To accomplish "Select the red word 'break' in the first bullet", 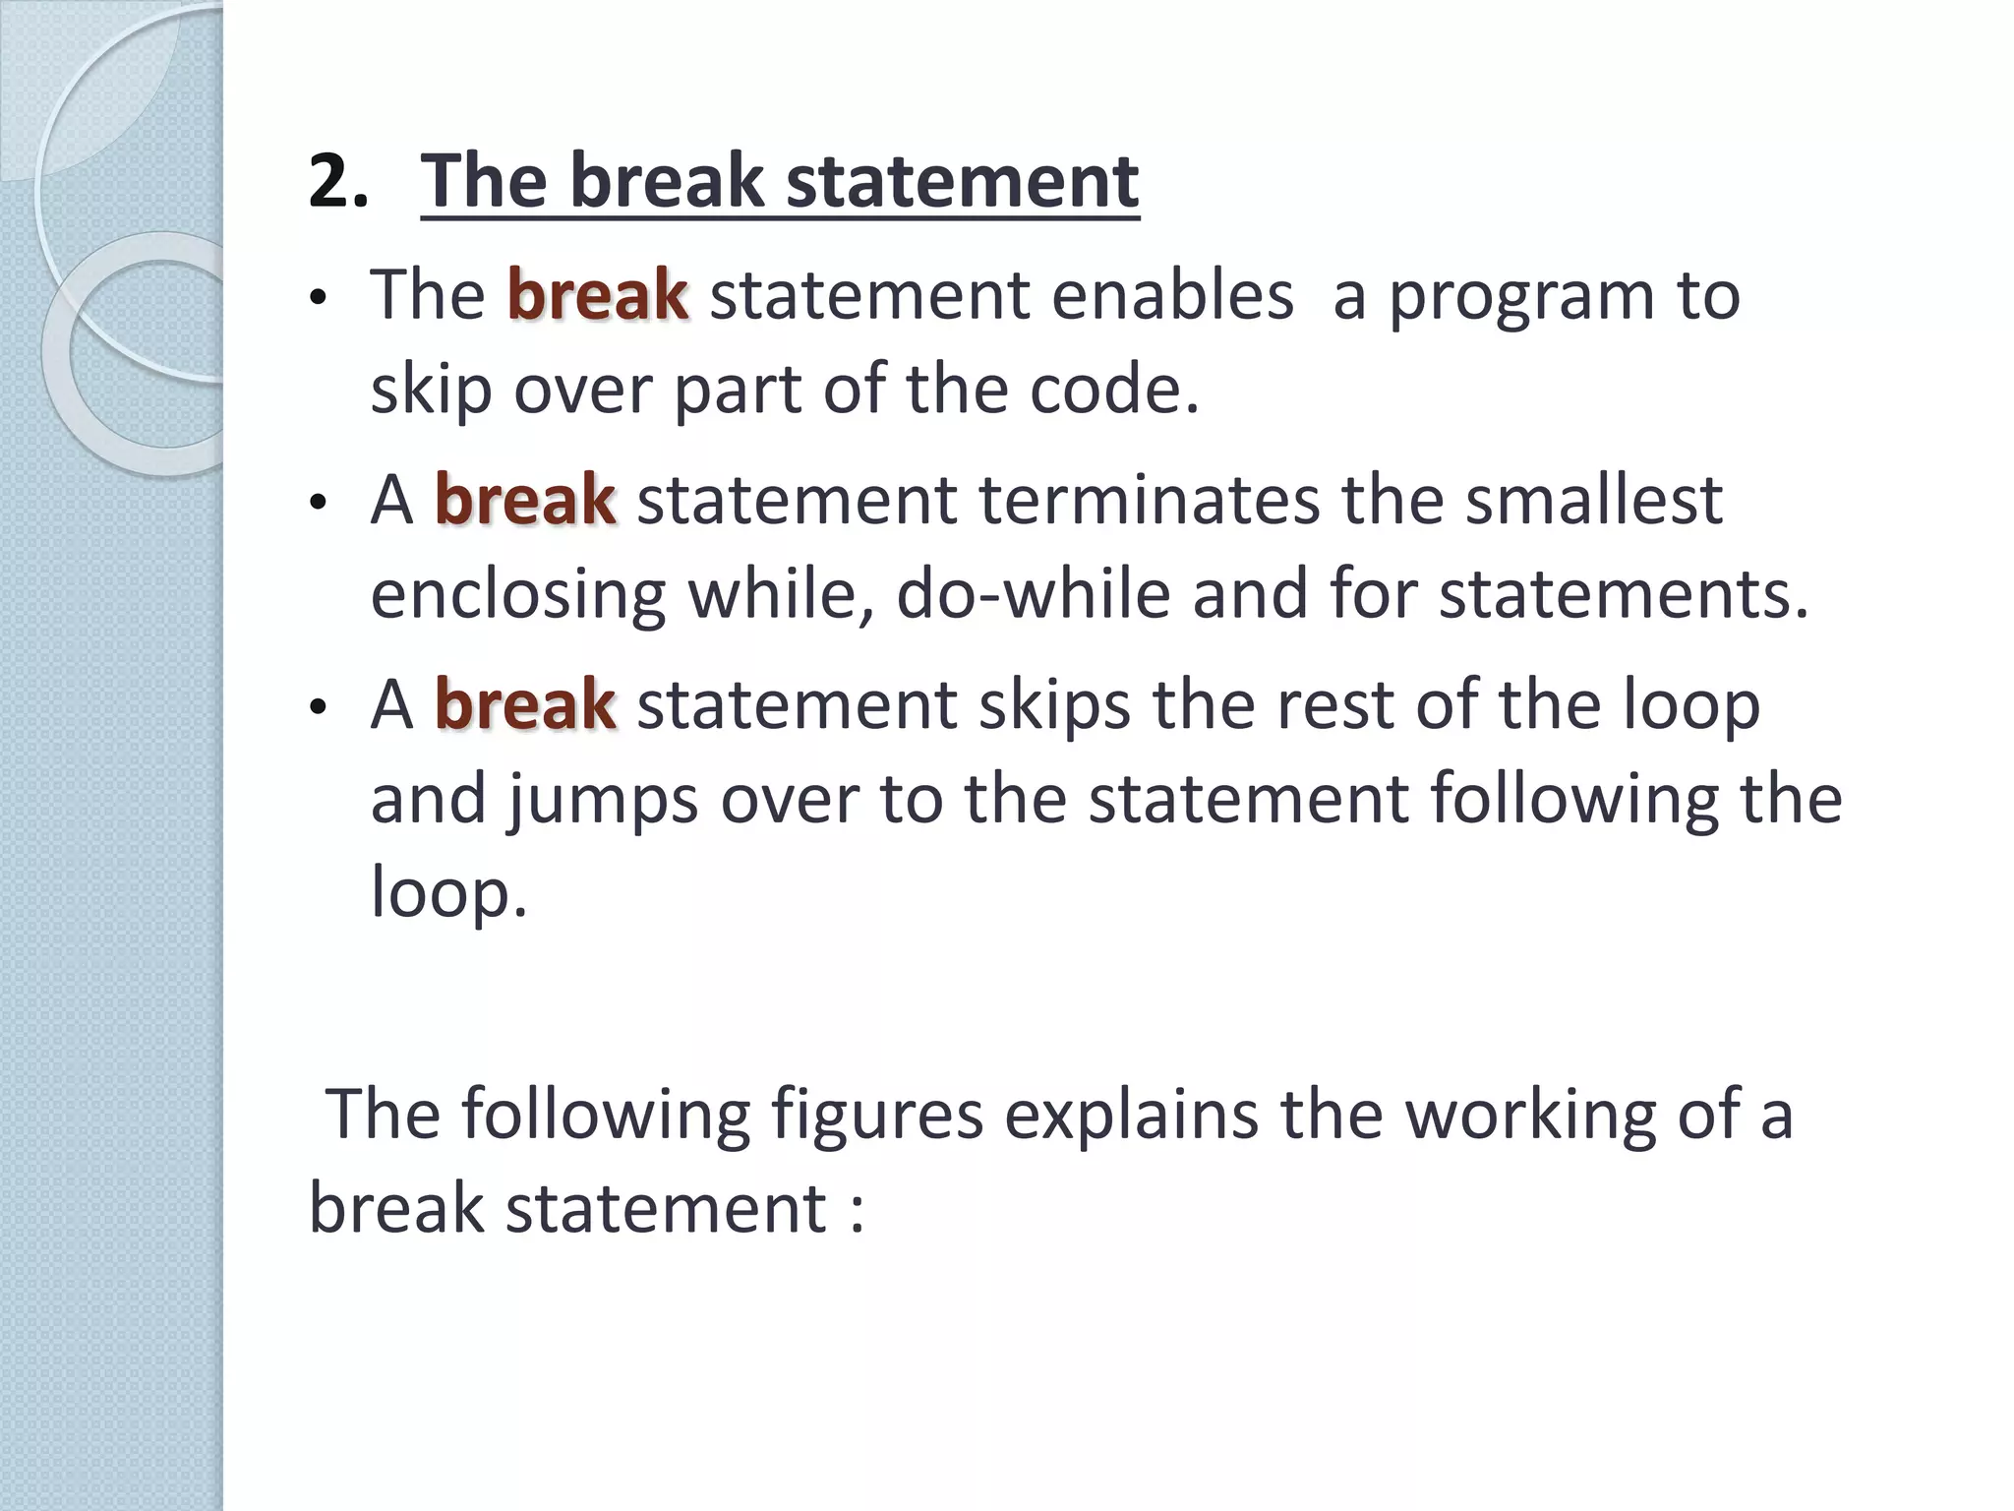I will tap(597, 295).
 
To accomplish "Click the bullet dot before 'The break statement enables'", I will tap(316, 299).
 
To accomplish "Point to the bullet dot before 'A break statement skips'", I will tap(316, 709).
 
